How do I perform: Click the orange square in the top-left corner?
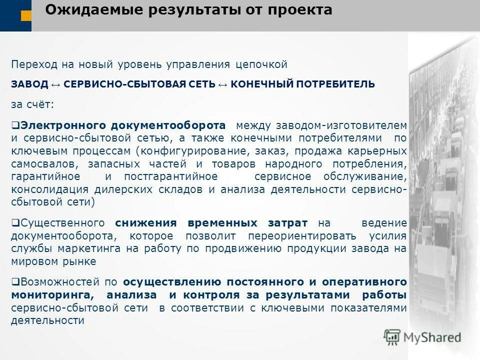coord(26,16)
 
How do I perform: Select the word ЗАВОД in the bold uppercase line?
coord(29,84)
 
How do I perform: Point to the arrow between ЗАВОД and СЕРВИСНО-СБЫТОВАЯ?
coord(56,84)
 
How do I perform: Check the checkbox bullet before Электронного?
coord(14,124)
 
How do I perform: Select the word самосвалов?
coord(42,163)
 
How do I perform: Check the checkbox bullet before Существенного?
coord(14,222)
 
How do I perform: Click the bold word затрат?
coord(289,222)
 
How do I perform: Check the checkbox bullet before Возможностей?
coord(14,282)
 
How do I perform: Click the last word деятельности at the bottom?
coord(47,321)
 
